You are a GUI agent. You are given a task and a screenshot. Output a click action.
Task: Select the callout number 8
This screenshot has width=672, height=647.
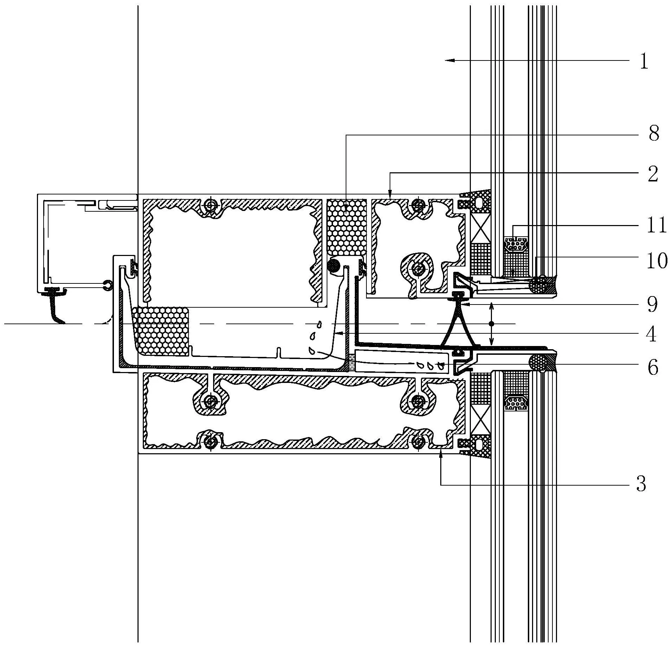click(653, 134)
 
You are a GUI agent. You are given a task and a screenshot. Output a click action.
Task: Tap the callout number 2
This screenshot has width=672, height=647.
click(653, 174)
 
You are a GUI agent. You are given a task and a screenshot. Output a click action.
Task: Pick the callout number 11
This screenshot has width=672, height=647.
click(656, 225)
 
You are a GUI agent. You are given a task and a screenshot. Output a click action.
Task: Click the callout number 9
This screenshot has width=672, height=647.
click(653, 305)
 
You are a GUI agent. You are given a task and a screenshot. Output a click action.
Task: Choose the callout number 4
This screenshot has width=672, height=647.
click(652, 334)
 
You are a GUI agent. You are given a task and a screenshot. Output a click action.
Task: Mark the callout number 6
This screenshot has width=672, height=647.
click(653, 368)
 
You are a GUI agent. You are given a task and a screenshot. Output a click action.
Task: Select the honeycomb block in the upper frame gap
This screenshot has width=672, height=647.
click(347, 227)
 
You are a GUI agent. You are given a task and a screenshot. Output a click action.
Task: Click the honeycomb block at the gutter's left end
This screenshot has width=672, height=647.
click(161, 331)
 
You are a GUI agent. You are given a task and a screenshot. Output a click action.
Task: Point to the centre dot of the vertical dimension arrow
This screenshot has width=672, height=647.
click(492, 323)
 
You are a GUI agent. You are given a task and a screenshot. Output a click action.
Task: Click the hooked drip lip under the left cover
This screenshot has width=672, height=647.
click(56, 311)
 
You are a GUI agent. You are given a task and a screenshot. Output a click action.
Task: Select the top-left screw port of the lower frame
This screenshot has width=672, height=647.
click(210, 401)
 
